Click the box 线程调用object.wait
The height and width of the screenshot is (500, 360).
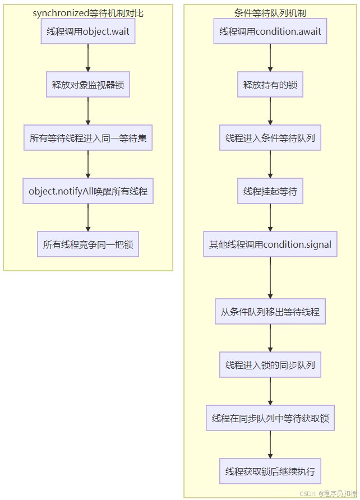click(x=88, y=31)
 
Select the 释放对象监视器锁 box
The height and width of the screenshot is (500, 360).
click(x=88, y=85)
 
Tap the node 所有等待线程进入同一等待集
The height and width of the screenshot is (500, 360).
click(x=88, y=138)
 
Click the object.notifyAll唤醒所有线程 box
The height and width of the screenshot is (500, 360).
click(x=88, y=191)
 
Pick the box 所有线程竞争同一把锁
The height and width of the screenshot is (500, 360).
click(x=88, y=244)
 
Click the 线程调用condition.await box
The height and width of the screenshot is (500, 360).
click(x=270, y=31)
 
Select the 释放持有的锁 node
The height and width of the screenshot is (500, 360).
click(x=270, y=85)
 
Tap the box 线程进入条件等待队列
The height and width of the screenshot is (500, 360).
click(x=270, y=138)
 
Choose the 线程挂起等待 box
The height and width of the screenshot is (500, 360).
click(x=270, y=191)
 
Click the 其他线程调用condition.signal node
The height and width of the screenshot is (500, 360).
click(x=270, y=244)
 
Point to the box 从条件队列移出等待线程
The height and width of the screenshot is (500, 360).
click(x=270, y=312)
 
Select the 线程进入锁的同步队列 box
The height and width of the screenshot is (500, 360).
click(x=270, y=365)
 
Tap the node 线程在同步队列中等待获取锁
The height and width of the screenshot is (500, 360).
click(x=270, y=418)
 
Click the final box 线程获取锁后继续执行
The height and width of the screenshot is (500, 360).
click(x=270, y=471)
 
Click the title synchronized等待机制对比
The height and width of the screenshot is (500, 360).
click(x=88, y=12)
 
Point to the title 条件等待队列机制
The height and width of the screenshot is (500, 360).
click(x=270, y=12)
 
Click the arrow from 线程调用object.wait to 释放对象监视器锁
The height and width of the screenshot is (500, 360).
click(x=88, y=58)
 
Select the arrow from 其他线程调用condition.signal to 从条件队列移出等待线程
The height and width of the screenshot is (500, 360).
click(x=270, y=278)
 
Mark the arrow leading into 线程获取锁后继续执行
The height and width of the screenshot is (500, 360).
click(x=270, y=445)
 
